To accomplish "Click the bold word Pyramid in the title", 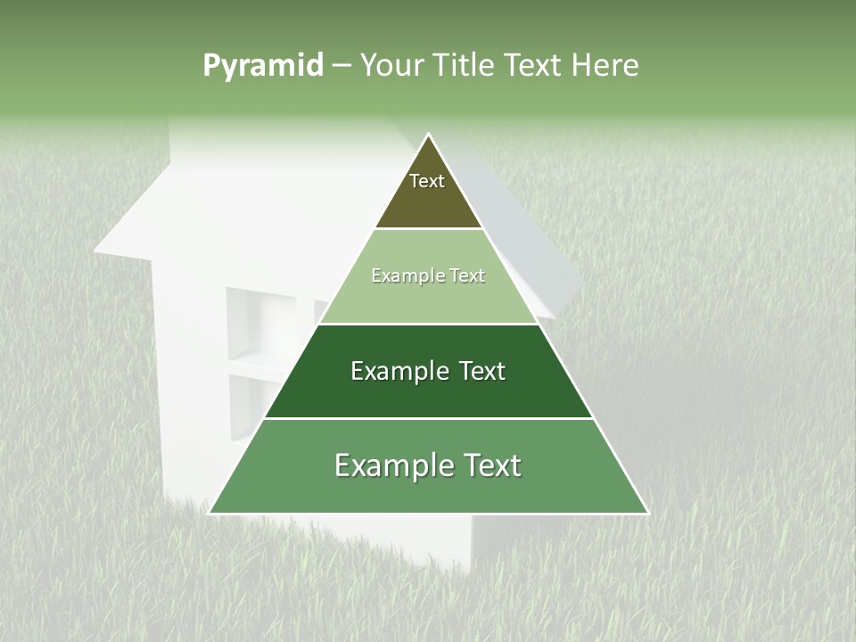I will click(262, 65).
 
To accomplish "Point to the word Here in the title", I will click(605, 65).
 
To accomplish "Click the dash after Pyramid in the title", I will click(341, 66).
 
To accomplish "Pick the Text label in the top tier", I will click(427, 181).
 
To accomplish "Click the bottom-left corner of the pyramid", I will click(210, 513).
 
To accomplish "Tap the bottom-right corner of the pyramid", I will click(647, 513).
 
